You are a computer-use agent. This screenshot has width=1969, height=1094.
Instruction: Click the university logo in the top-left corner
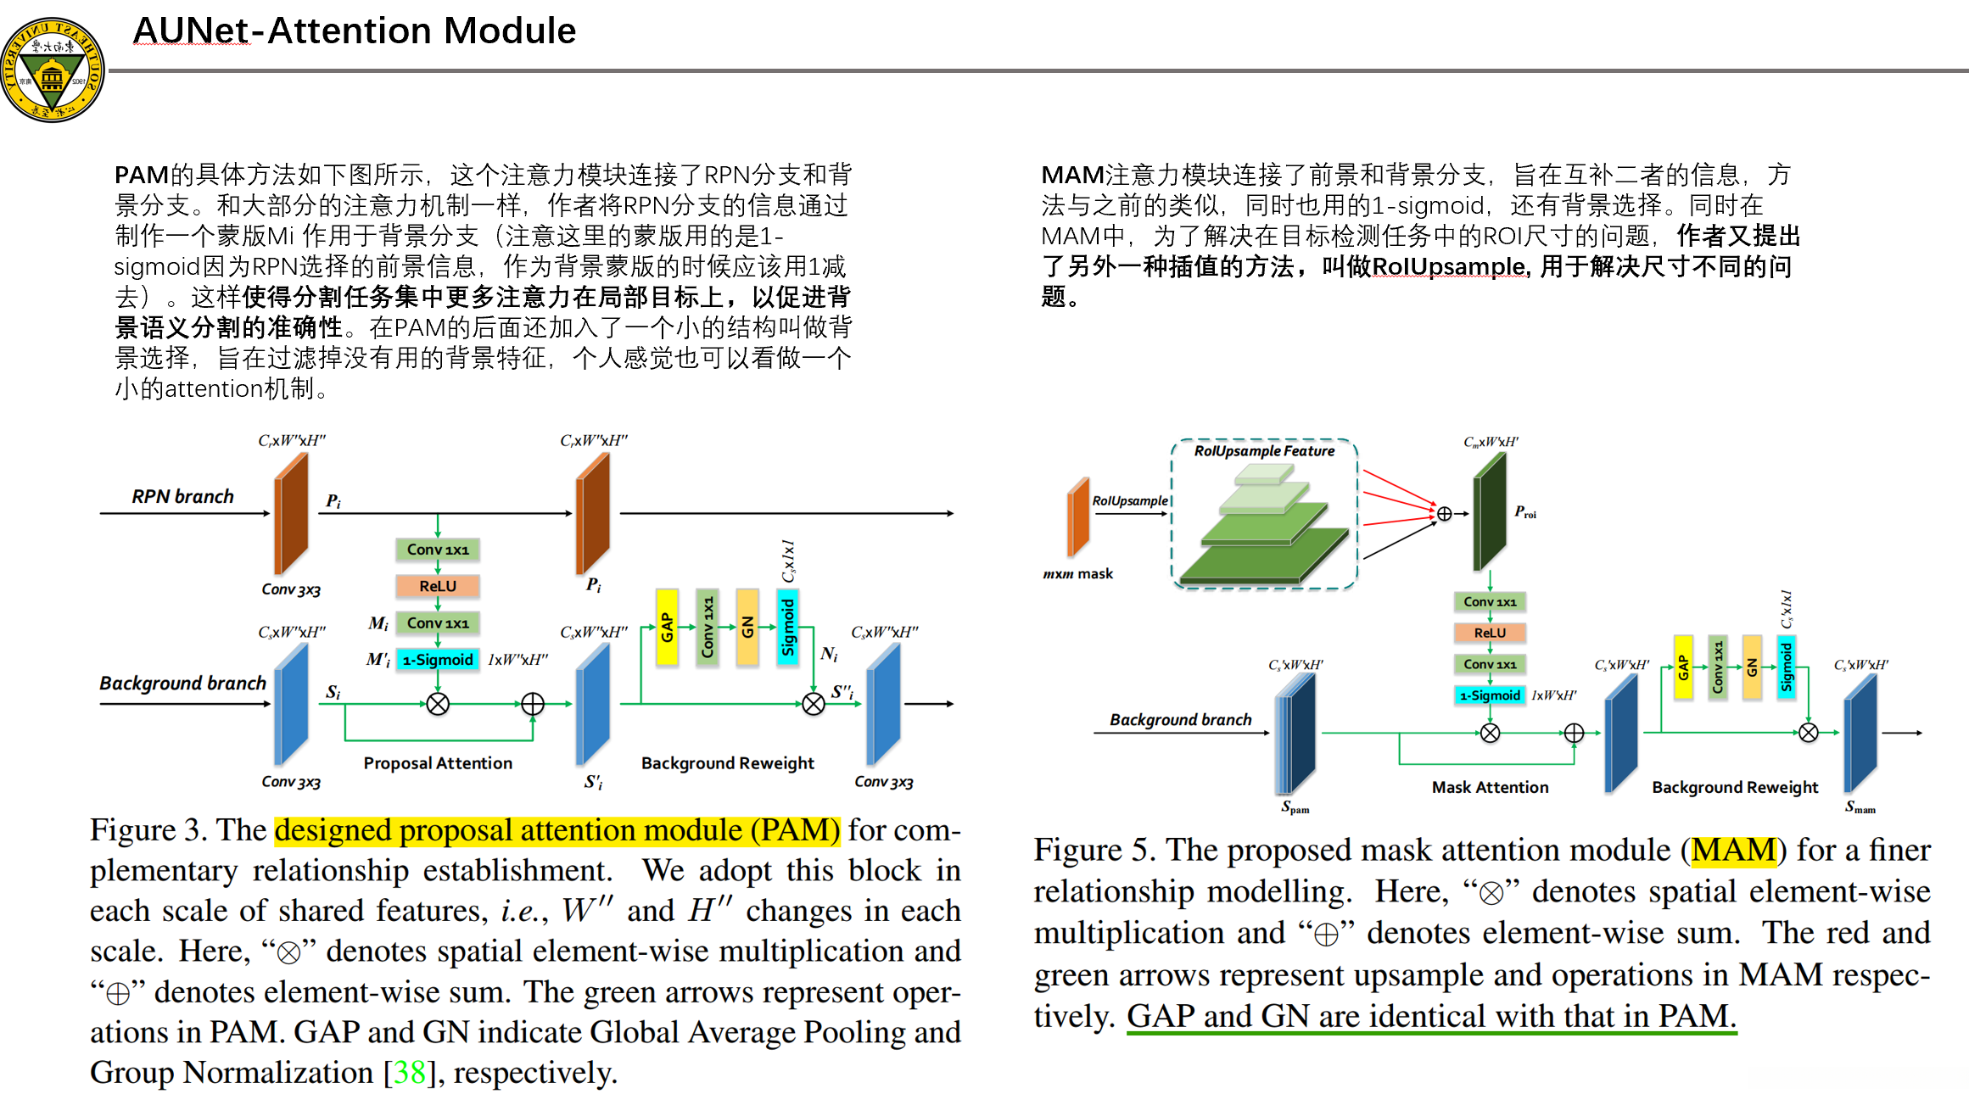53,70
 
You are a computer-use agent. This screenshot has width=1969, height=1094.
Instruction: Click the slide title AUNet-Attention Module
355,31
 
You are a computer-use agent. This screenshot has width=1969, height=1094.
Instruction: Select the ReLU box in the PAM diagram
438,586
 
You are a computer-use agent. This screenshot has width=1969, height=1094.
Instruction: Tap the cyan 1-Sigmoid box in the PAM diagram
438,660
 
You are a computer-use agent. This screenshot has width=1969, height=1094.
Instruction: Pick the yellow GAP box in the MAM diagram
1683,667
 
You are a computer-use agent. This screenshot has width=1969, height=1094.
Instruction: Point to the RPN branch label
182,496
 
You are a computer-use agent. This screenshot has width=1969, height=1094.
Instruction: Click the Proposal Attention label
438,763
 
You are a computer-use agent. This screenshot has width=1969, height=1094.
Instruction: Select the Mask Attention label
1490,787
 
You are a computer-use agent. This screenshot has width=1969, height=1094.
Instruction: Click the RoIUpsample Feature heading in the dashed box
1264,451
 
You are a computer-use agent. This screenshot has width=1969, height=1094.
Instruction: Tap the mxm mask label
1077,574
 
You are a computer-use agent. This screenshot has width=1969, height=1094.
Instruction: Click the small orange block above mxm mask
1077,516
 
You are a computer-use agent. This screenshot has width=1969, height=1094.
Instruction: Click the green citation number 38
410,1073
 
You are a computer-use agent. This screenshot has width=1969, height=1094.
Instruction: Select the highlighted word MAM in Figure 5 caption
1733,851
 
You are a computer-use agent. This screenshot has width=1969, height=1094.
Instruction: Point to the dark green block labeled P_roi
1489,511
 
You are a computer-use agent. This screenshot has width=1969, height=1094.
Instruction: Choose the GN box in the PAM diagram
747,627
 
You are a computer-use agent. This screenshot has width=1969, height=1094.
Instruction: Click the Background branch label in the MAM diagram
1180,720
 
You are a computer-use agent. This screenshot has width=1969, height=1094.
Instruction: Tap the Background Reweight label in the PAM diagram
727,763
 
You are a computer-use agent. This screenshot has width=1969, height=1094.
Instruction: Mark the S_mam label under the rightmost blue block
1860,807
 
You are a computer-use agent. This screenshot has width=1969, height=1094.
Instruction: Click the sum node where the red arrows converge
1444,514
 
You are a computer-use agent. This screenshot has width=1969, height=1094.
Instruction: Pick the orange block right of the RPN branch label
290,514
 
